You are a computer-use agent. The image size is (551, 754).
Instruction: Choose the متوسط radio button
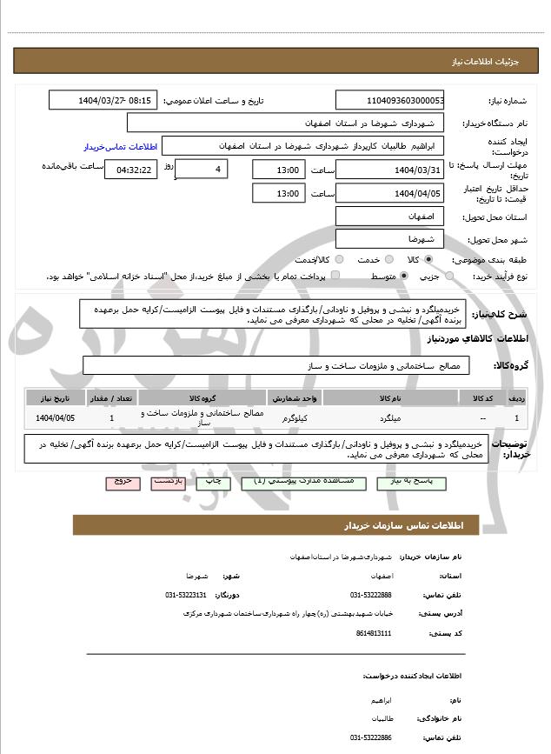[x=405, y=276]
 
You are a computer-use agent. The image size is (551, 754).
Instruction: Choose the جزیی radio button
[x=448, y=276]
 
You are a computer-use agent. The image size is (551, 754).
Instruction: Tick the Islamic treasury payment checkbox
[x=336, y=276]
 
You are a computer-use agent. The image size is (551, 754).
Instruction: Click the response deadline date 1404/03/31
[x=389, y=169]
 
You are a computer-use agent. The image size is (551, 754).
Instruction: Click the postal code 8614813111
[x=374, y=633]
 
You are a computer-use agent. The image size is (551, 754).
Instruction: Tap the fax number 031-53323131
[x=185, y=595]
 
